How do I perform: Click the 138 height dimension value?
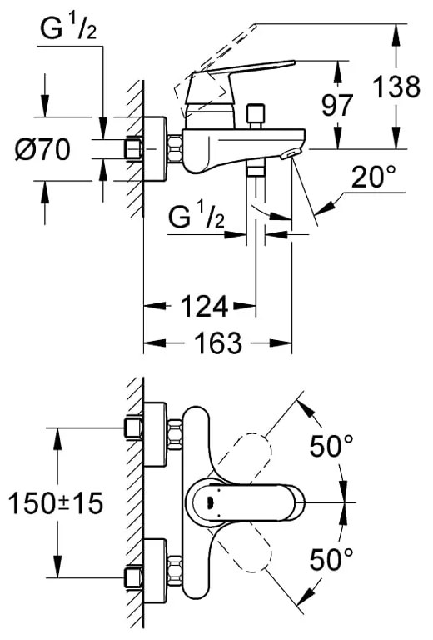coord(396,87)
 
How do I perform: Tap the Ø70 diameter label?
coord(42,150)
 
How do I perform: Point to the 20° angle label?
coord(372,177)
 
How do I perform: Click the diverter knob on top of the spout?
coord(256,112)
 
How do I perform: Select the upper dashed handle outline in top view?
coord(250,454)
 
